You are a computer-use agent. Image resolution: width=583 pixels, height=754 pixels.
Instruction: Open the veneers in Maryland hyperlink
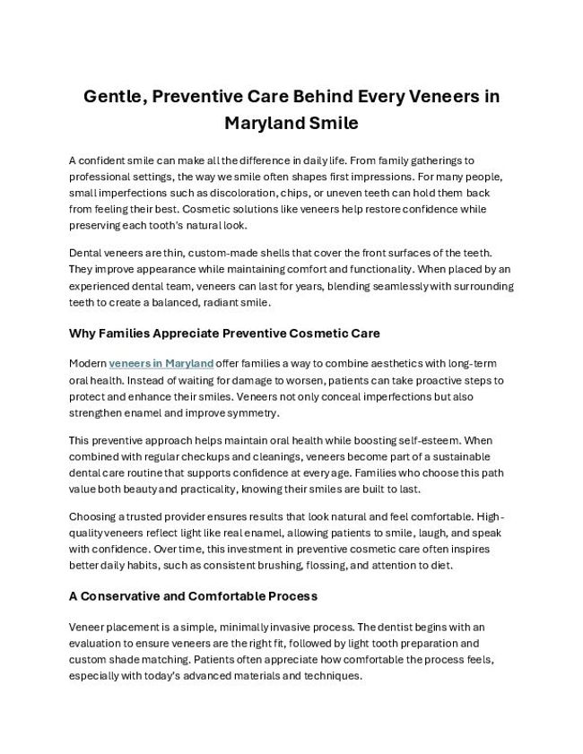(161, 363)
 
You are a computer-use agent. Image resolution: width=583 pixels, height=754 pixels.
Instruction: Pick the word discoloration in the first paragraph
(238, 193)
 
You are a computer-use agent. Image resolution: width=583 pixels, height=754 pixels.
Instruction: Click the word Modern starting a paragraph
(87, 363)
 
